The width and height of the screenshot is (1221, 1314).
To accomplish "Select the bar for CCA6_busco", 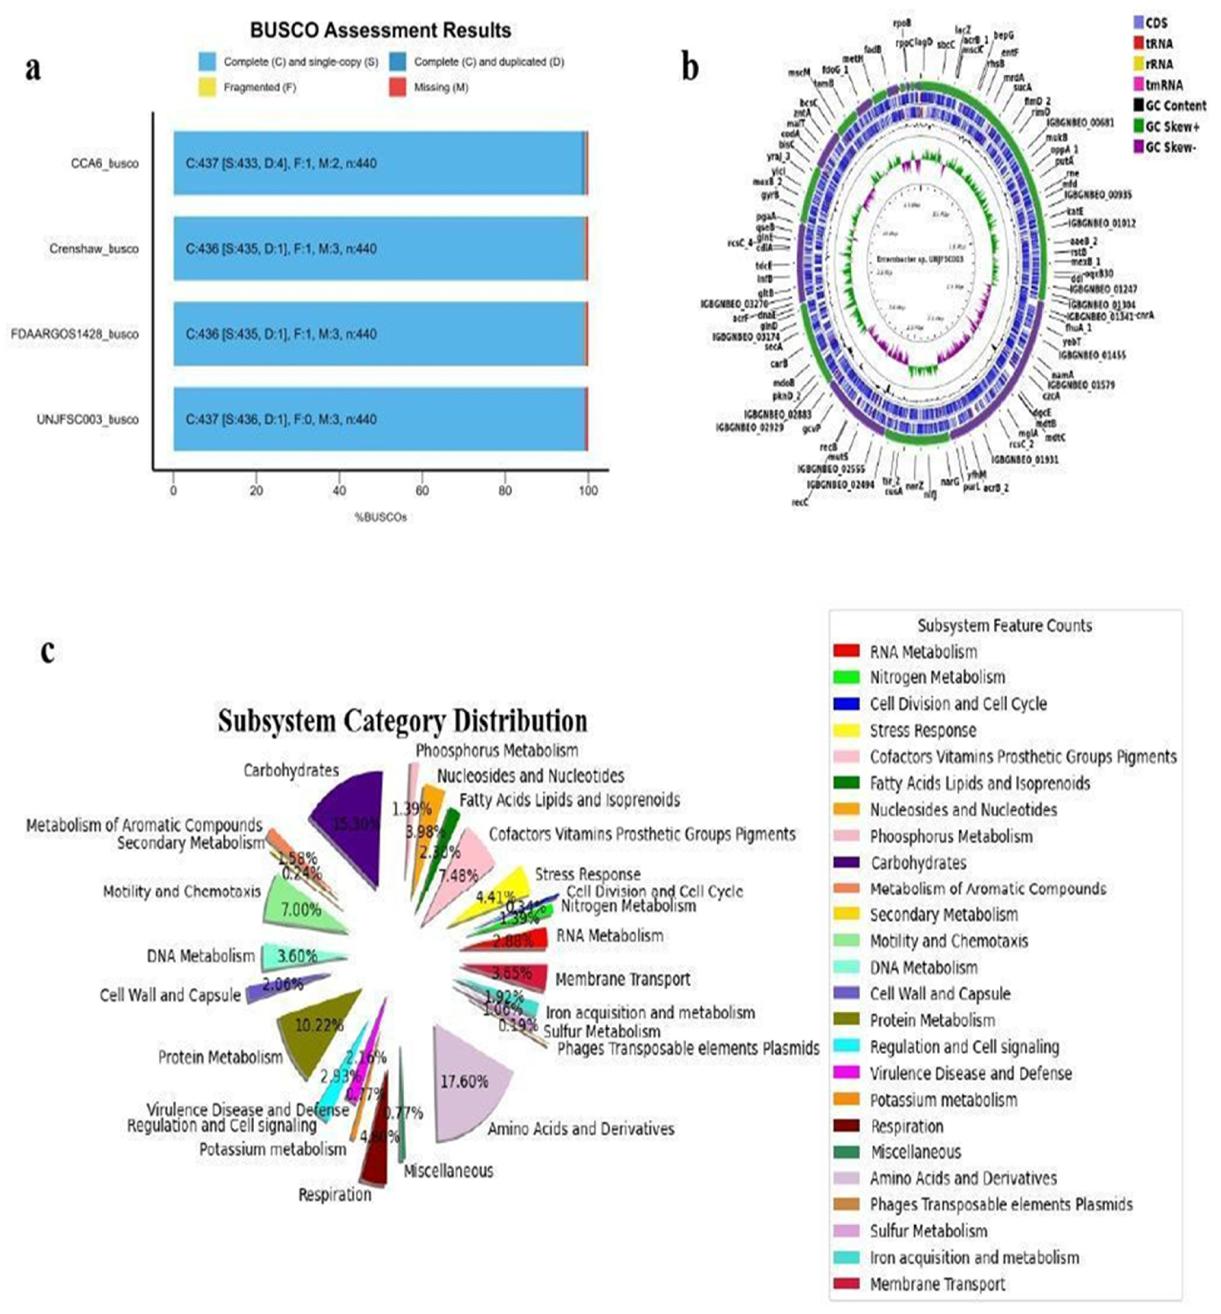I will (380, 163).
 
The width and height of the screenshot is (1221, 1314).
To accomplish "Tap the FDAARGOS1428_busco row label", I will (75, 334).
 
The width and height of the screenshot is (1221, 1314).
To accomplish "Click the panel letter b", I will (690, 68).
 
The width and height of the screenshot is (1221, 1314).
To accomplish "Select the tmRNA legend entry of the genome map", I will (1163, 85).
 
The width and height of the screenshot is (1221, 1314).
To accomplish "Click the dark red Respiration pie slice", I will (376, 1150).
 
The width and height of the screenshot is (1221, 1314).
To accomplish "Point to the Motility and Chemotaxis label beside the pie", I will (182, 892).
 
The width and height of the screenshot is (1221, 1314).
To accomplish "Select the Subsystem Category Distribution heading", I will (402, 721).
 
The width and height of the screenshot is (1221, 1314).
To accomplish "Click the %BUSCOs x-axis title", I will (380, 518).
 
